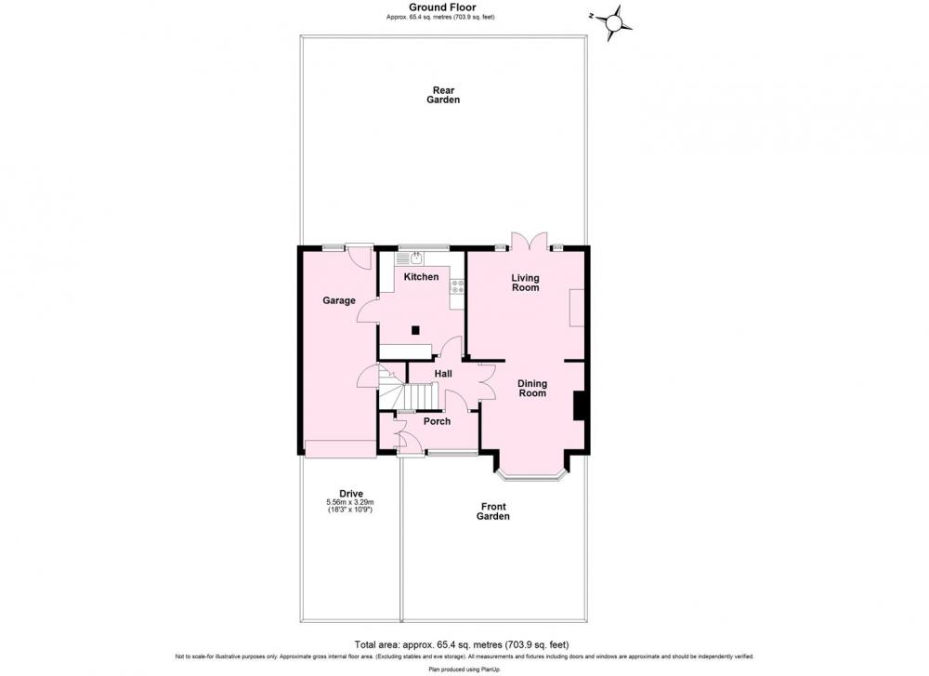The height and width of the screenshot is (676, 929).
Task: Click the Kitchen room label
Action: click(x=421, y=277)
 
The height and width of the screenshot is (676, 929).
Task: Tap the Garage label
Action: click(x=339, y=300)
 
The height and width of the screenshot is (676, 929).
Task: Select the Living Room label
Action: click(x=526, y=283)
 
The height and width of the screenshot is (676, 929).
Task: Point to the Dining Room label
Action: click(x=532, y=389)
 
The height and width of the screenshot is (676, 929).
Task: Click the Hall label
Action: click(x=443, y=374)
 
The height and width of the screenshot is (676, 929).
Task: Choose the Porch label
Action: click(x=438, y=421)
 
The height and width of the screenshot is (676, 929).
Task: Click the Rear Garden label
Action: click(x=443, y=95)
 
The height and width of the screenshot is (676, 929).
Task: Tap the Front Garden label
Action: click(x=493, y=511)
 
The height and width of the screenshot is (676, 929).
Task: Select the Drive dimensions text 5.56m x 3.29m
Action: click(x=351, y=502)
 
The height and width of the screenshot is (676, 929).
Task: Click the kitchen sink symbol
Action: click(x=416, y=258)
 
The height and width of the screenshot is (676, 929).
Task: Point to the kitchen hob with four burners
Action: click(x=457, y=287)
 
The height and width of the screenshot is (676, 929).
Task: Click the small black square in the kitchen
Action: click(x=416, y=330)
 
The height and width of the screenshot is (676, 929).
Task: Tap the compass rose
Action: click(x=614, y=23)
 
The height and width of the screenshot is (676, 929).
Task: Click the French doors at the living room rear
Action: click(x=530, y=240)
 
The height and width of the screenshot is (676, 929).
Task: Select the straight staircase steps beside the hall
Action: click(x=421, y=396)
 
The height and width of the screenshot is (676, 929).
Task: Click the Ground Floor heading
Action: click(x=442, y=7)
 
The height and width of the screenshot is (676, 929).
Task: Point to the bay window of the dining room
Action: click(x=532, y=471)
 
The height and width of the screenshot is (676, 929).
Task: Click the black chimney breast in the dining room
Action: click(x=580, y=405)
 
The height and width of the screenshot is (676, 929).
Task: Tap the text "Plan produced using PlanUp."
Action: click(x=464, y=669)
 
